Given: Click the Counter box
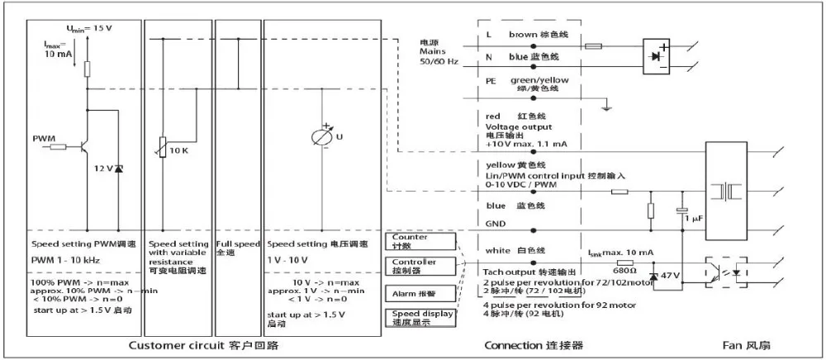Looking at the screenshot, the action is click(420, 241).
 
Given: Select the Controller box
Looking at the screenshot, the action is click(420, 267).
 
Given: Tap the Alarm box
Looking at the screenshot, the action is click(420, 293).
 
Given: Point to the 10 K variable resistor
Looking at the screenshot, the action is click(169, 146).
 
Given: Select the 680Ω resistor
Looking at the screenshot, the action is click(625, 263).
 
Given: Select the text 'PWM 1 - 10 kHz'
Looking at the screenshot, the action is click(65, 261).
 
